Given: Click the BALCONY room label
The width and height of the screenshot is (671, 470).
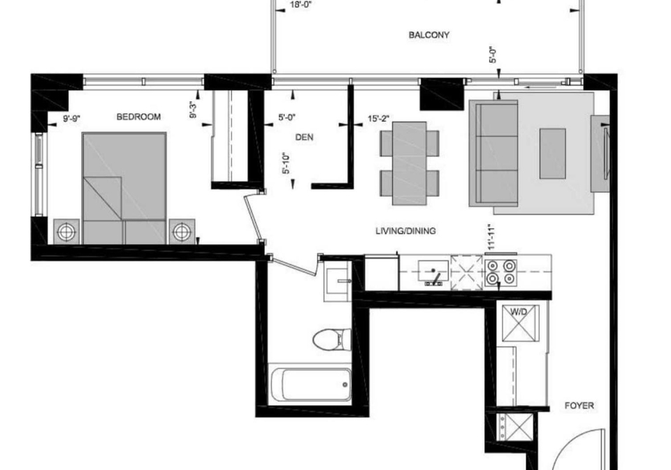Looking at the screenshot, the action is tap(428, 35).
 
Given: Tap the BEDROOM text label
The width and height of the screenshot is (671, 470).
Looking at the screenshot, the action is tap(138, 117).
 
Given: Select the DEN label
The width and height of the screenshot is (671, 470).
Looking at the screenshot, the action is tap(304, 138).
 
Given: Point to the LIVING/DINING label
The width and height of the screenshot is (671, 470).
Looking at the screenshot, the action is tap(405, 231).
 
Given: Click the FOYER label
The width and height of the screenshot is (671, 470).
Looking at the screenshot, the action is tap(579, 406).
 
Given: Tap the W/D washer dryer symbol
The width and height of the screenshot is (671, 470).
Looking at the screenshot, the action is tap(520, 323).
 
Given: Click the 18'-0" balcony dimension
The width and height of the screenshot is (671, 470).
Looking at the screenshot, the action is tap(301, 5).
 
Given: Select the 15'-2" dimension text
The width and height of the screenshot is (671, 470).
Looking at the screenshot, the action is tap(378, 119).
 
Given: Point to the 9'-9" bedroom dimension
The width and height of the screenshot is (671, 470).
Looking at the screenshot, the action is tap(72, 119).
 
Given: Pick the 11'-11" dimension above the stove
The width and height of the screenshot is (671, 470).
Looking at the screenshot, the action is tap(491, 237).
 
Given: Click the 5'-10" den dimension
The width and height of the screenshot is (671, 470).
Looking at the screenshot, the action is tap(287, 163).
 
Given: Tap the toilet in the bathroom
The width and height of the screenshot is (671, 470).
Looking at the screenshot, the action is tap(332, 340).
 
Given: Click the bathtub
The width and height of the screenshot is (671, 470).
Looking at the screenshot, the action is tap(310, 384).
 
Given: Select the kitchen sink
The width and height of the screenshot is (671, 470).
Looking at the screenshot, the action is tap(433, 272).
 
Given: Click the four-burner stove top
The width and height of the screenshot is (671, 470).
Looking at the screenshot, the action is tap(500, 272).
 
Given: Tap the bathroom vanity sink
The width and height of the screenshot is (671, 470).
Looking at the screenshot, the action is tap(338, 281).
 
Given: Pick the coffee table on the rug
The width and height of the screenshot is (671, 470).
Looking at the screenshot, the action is tap(552, 154).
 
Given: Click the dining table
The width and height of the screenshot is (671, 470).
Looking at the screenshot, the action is tap(410, 163).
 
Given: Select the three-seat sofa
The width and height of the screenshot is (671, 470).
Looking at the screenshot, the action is tap(494, 153).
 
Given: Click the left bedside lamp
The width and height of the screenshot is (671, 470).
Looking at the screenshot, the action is tap(66, 232).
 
